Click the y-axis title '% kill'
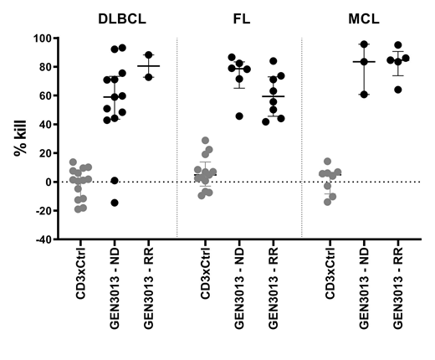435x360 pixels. [x=18, y=138]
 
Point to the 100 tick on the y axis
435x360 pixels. [x=43, y=39]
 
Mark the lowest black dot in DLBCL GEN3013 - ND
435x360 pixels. [x=115, y=203]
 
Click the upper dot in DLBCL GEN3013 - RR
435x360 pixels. [x=149, y=55]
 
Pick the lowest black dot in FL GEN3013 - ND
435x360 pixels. [x=240, y=116]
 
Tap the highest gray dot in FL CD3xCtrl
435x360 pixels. [x=205, y=141]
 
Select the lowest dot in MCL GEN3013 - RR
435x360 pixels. [x=397, y=89]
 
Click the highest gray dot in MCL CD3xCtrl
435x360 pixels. [x=328, y=161]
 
